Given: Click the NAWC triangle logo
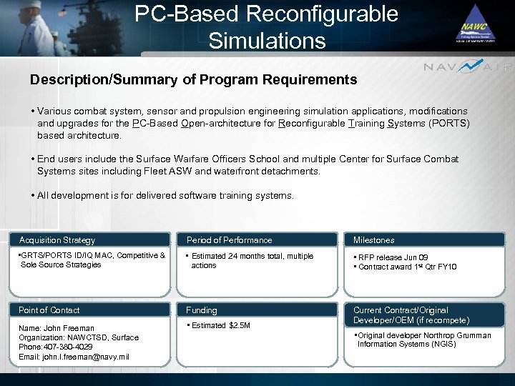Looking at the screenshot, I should coord(476,24).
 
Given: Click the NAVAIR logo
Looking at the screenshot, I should coord(468,66).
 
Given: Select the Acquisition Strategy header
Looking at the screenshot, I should coord(57,240).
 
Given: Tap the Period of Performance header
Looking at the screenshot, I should coord(229,240).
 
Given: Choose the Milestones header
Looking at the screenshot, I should coord(374,240).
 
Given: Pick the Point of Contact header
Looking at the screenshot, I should coord(49,310).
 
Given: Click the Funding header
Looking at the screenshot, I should coord(202,310).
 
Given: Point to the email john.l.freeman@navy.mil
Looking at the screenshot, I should coord(74,357).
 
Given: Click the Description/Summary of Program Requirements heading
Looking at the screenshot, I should coord(193,79).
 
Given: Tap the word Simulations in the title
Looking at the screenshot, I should coord(267,39).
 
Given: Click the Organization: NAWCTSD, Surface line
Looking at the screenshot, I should coord(79,337).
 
